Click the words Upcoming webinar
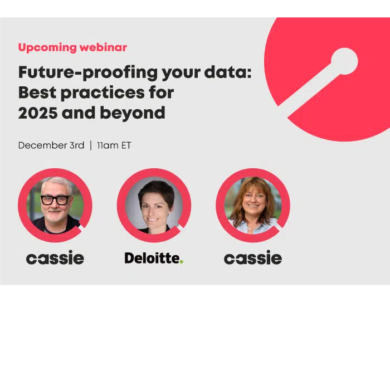tap(72, 47)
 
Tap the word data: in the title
tap(228, 72)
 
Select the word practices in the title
tap(103, 93)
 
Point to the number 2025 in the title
tap(38, 113)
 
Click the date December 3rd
tap(51, 145)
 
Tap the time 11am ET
tap(114, 145)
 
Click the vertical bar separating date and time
tap(91, 145)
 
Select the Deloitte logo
tap(154, 258)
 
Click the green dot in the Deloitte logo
tap(181, 261)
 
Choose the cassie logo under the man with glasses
tap(55, 257)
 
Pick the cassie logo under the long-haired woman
tap(253, 257)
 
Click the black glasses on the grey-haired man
tap(56, 200)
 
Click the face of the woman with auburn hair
tap(253, 202)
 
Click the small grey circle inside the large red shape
tap(344, 61)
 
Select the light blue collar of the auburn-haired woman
tap(253, 226)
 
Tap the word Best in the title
tap(37, 92)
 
